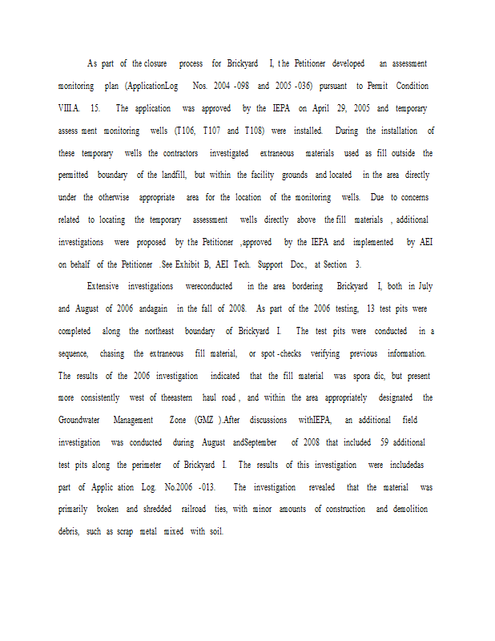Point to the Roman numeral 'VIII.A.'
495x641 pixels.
pos(70,108)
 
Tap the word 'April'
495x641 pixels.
pos(322,108)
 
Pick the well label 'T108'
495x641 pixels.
pos(256,131)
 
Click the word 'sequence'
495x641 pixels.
pos(74,353)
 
